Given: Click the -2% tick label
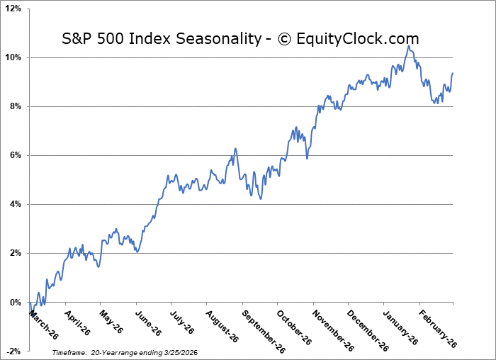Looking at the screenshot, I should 13,351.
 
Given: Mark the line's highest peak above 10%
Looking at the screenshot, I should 409,46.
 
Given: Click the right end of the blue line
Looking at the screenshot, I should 453,73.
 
